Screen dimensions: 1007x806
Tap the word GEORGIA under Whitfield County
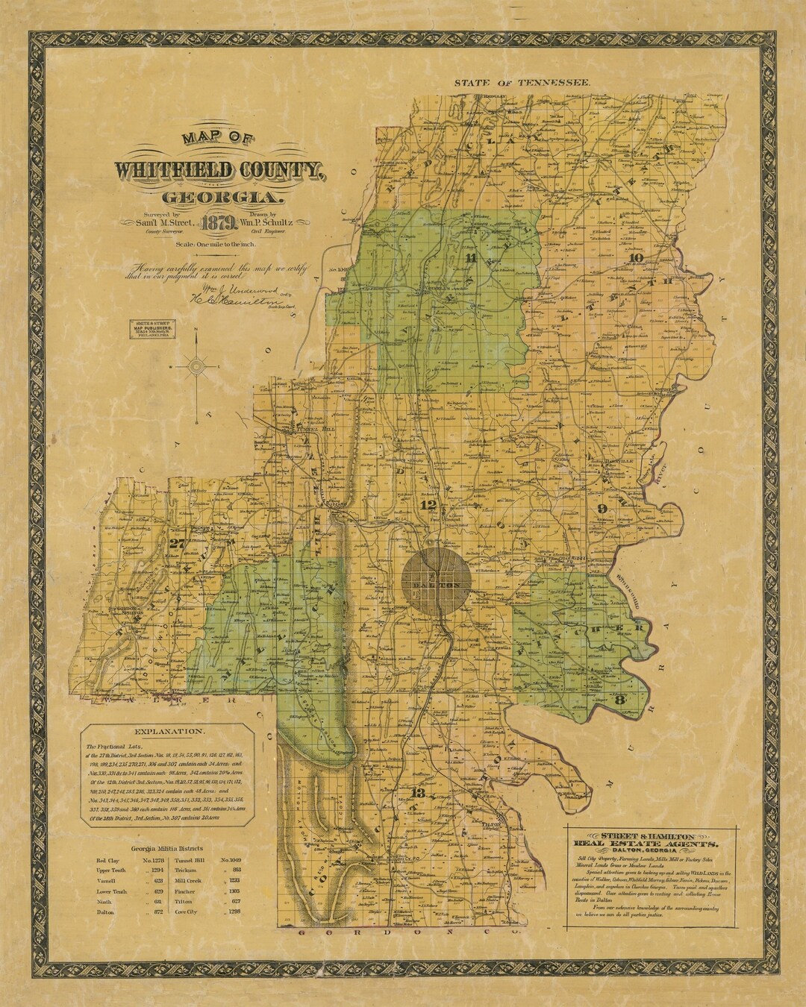224,198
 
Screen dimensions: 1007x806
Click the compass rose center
197,366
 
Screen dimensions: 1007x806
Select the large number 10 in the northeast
637,259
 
